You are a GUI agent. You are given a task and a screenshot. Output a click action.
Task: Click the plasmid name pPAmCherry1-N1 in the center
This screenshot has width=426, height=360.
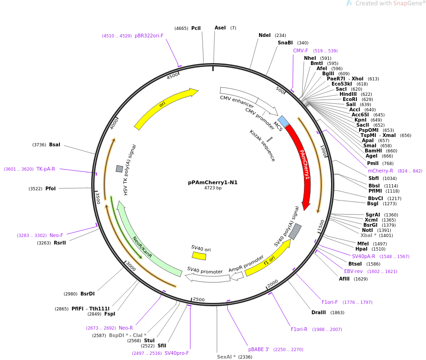pyautogui.click(x=213, y=182)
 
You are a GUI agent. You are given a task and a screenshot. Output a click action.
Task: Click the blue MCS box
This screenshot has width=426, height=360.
pyautogui.click(x=283, y=122)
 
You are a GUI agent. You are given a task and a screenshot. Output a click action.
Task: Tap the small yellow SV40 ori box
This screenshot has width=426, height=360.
pyautogui.click(x=199, y=256)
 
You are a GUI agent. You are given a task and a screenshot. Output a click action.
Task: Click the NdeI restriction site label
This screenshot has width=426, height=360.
pyautogui.click(x=265, y=35)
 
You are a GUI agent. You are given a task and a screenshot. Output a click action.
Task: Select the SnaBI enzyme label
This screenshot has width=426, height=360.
pyautogui.click(x=285, y=43)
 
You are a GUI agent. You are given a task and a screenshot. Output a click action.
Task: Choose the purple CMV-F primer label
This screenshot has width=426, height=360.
pyautogui.click(x=301, y=50)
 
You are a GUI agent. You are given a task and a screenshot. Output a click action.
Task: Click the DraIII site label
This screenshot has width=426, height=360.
pyautogui.click(x=321, y=312)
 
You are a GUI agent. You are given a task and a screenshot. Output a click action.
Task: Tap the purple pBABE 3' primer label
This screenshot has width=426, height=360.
pyautogui.click(x=259, y=349)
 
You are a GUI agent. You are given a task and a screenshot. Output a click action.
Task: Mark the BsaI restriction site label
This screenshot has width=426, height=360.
pyautogui.click(x=55, y=144)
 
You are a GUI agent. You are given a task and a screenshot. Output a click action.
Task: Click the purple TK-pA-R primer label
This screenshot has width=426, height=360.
pyautogui.click(x=46, y=169)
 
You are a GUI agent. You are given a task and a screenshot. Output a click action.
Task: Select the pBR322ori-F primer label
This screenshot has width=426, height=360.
pyautogui.click(x=149, y=36)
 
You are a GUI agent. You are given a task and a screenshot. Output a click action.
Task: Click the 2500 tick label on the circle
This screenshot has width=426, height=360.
pyautogui.click(x=199, y=299)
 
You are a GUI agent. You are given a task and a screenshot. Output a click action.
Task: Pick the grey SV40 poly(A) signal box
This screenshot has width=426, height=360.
pyautogui.click(x=295, y=231)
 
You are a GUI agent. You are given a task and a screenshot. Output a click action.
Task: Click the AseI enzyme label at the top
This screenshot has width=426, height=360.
pyautogui.click(x=220, y=28)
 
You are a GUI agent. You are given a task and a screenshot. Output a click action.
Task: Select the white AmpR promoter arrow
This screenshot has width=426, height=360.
pyautogui.click(x=237, y=276)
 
